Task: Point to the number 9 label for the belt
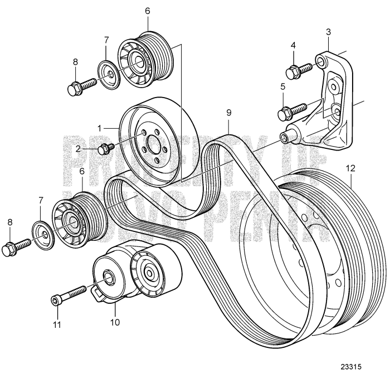(x=228, y=112)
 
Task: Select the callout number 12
(x=349, y=167)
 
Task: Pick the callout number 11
(x=55, y=323)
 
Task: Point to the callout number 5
(x=282, y=86)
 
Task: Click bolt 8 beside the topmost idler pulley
(x=81, y=86)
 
